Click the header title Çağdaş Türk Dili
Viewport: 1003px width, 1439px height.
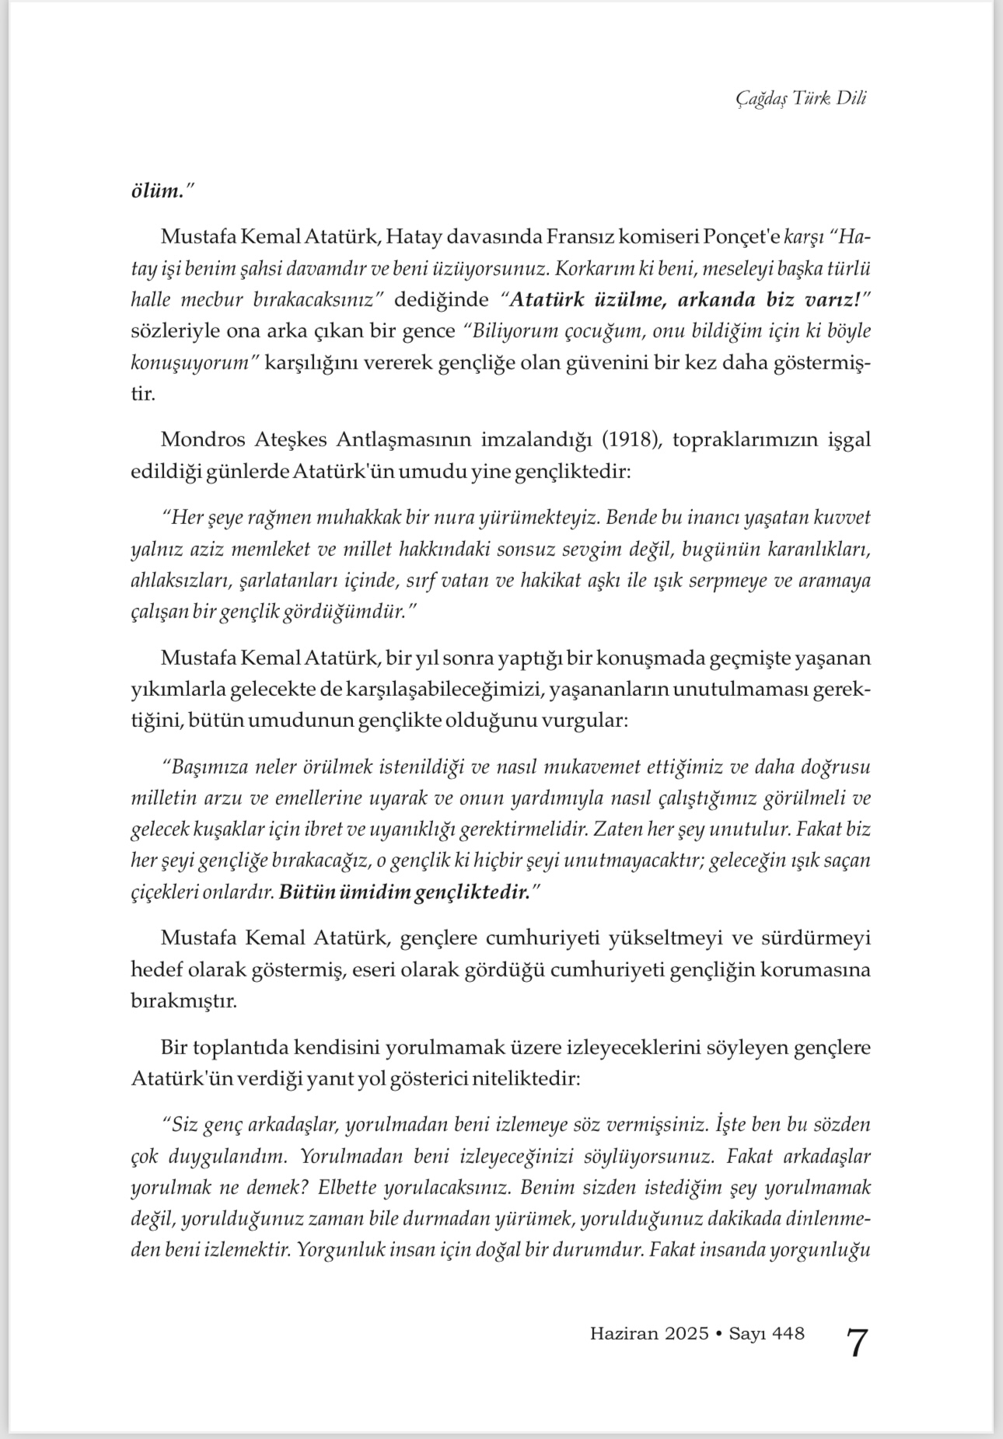(x=800, y=98)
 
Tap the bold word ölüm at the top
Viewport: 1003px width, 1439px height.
(x=155, y=190)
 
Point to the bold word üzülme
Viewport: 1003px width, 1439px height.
(x=619, y=299)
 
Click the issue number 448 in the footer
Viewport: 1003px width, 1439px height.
(x=789, y=1334)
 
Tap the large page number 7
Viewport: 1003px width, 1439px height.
(x=855, y=1343)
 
